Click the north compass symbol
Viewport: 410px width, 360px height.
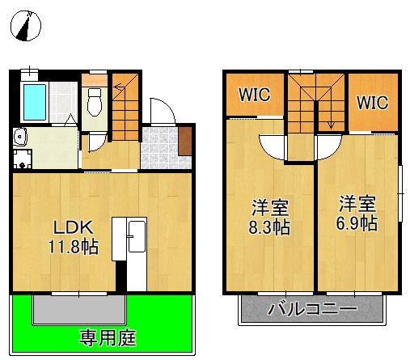coord(26,26)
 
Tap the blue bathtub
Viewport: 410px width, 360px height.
coord(35,102)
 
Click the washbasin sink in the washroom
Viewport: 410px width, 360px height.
coord(20,137)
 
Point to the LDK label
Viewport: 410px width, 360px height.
coord(74,228)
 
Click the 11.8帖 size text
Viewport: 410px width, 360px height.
coord(73,247)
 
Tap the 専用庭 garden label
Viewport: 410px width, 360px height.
coord(108,338)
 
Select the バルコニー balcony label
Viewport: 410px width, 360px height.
coord(312,309)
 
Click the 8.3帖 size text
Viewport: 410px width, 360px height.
coord(269,227)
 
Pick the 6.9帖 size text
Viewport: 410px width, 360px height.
coord(357,223)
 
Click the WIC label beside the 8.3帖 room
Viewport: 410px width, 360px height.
coord(254,94)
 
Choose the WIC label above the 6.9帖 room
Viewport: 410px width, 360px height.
coord(373,102)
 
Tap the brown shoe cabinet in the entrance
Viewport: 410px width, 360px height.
coord(184,141)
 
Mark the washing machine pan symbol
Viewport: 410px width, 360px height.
coord(23,159)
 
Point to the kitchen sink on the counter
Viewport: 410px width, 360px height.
coord(137,236)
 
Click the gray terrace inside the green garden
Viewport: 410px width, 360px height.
coord(79,309)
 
